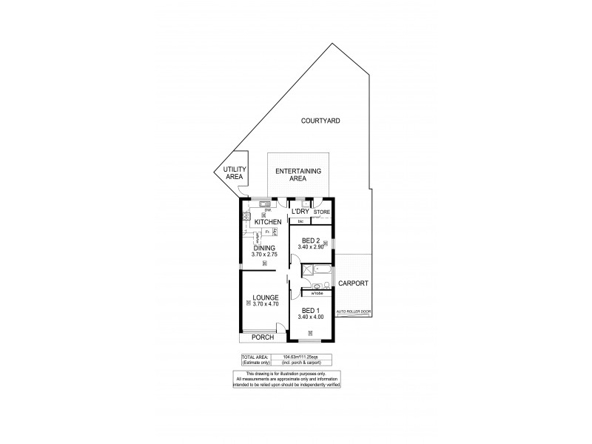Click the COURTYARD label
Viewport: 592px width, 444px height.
(320, 120)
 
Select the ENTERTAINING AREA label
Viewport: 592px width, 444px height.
(297, 175)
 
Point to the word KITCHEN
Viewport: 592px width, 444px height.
(267, 222)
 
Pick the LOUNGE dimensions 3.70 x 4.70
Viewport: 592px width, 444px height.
(264, 304)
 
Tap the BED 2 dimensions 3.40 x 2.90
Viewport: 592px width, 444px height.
(309, 246)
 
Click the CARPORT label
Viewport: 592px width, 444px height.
(353, 283)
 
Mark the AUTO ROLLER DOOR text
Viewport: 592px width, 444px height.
(353, 313)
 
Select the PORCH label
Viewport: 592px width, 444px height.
(263, 337)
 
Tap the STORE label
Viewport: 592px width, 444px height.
(321, 212)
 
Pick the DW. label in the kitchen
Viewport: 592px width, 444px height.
(255, 209)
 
